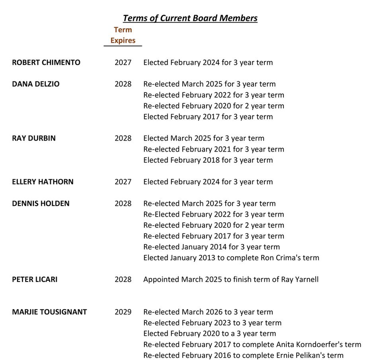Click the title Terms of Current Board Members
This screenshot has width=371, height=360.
point(190,18)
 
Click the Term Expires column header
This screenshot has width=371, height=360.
point(123,35)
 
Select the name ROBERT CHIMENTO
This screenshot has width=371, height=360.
point(46,63)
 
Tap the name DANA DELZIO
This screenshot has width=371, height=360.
point(36,84)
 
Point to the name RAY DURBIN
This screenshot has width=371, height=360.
point(34,138)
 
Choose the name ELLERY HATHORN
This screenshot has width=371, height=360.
point(43,182)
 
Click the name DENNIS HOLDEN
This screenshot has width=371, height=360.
point(41,203)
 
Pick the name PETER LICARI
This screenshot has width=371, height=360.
point(35,279)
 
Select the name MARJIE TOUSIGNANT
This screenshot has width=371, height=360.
point(49,312)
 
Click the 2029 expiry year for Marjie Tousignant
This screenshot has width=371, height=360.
point(123,312)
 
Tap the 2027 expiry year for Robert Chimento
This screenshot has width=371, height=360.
point(123,63)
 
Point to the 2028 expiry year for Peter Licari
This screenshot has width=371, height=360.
point(123,279)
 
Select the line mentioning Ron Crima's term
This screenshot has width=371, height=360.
point(231,258)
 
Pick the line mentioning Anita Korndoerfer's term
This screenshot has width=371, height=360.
point(252,344)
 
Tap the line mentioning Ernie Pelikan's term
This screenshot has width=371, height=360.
point(243,355)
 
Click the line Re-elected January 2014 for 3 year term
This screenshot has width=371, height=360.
point(211,247)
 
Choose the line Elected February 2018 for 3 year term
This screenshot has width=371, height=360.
point(208,160)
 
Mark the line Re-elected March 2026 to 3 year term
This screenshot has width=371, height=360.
point(208,312)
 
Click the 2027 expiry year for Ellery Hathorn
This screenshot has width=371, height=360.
point(123,182)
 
